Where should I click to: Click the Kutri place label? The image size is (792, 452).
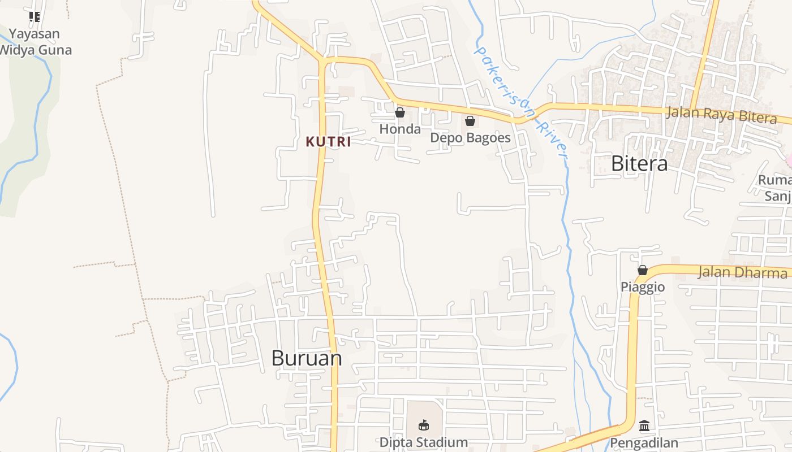(x=328, y=142)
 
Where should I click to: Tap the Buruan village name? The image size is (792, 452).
(x=307, y=358)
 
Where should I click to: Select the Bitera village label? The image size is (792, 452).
(x=639, y=164)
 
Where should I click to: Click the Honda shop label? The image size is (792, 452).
(x=400, y=129)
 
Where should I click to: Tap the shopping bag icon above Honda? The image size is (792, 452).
(x=400, y=112)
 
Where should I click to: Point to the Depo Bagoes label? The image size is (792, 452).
(x=470, y=138)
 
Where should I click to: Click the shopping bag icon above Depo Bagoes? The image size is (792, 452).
(x=470, y=120)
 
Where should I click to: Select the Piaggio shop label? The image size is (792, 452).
(x=643, y=287)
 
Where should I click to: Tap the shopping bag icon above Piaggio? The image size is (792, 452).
(x=643, y=270)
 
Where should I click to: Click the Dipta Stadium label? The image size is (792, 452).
(x=423, y=442)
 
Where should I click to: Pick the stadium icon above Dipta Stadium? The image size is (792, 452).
(x=423, y=425)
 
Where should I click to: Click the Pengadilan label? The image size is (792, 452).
(x=644, y=443)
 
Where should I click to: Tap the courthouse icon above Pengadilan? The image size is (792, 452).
(x=644, y=425)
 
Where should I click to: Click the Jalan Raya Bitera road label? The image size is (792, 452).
(x=721, y=115)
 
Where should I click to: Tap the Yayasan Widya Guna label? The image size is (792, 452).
(x=35, y=42)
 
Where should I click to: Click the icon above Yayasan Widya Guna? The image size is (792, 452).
(x=35, y=17)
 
